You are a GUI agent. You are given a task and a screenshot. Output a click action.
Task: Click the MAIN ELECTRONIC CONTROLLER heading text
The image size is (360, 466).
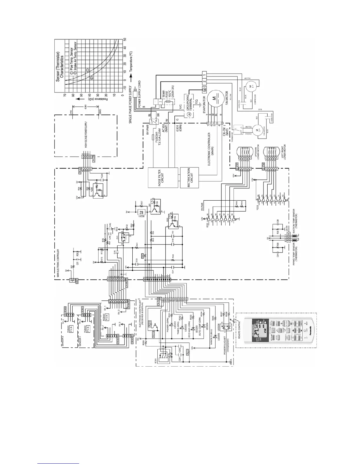[58, 263]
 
